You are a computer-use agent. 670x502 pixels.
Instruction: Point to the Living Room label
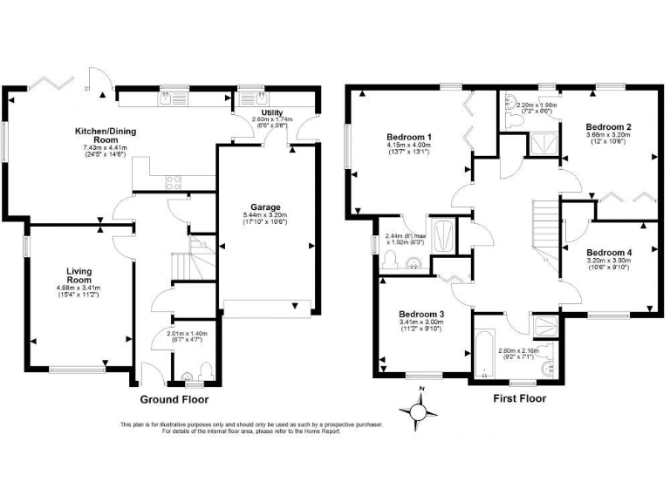(79, 275)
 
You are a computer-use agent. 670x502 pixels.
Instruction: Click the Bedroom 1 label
(409, 138)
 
